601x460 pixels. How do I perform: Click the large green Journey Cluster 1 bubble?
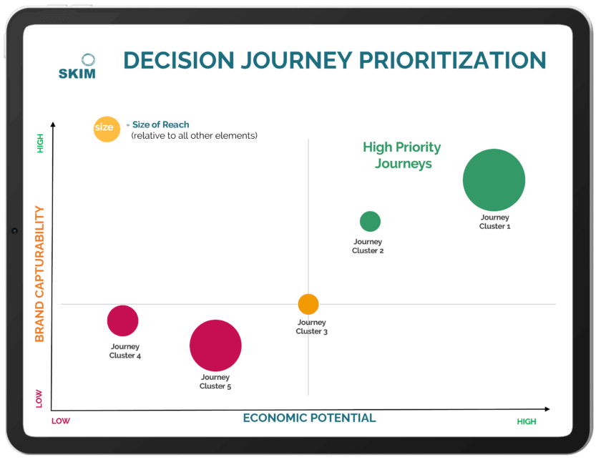click(494, 180)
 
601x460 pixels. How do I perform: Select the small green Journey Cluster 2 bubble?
click(370, 221)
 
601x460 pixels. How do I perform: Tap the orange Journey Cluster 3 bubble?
click(308, 304)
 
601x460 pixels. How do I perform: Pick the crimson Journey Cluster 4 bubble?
click(122, 320)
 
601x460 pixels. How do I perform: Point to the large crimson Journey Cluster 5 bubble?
click(215, 346)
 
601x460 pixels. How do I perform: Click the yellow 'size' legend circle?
click(107, 129)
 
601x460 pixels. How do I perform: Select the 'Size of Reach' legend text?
click(160, 124)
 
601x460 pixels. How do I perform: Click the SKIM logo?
click(77, 67)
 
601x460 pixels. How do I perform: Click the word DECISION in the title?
click(179, 61)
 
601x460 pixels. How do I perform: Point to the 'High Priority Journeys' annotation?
click(402, 155)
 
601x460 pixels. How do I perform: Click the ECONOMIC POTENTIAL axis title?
click(309, 418)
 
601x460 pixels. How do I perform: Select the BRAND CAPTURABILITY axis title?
click(39, 274)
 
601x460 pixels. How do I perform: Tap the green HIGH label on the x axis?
click(527, 421)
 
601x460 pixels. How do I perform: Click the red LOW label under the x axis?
click(61, 421)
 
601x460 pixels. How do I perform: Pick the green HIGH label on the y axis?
click(40, 143)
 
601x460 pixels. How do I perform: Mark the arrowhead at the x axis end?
click(547, 409)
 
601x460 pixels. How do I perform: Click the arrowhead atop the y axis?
click(53, 124)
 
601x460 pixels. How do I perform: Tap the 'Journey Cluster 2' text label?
click(368, 246)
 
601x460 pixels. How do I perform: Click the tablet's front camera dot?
click(14, 231)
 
